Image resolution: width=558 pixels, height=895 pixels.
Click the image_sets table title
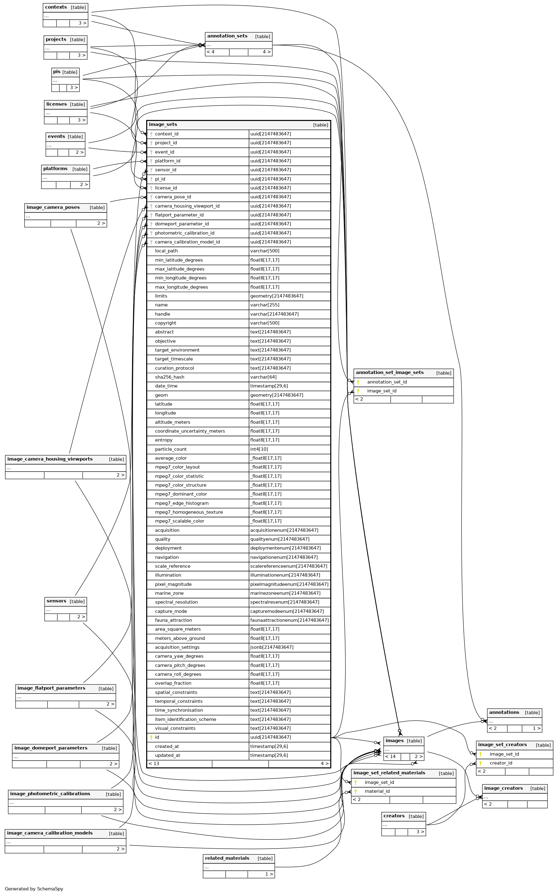pos(163,124)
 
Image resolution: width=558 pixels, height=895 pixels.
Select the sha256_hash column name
pos(170,377)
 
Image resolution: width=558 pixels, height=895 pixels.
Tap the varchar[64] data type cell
pos(263,377)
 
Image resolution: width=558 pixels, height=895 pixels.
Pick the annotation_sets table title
pos(227,36)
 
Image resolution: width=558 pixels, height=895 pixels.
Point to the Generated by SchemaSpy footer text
pos(34,889)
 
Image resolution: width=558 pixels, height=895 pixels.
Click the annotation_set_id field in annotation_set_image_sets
pos(387,382)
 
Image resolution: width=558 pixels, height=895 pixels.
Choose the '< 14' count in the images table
pos(390,756)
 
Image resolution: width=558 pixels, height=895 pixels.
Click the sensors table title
pos(57,601)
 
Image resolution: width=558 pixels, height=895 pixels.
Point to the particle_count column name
pos(170,449)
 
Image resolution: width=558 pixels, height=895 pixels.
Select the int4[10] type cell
pos(259,449)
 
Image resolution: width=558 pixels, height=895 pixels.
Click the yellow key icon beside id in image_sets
pos(151,737)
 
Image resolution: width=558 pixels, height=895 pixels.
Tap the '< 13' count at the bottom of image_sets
pos(154,763)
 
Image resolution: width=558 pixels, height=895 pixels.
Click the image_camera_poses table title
pos(53,207)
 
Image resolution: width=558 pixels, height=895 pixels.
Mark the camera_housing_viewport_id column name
pos(187,206)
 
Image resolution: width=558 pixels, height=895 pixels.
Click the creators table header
pos(394,816)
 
